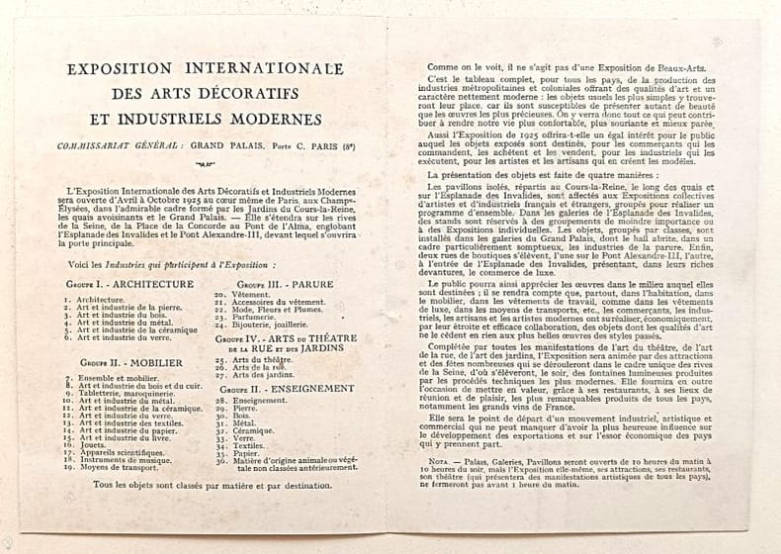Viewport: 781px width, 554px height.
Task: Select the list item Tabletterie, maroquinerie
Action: pos(124,392)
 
